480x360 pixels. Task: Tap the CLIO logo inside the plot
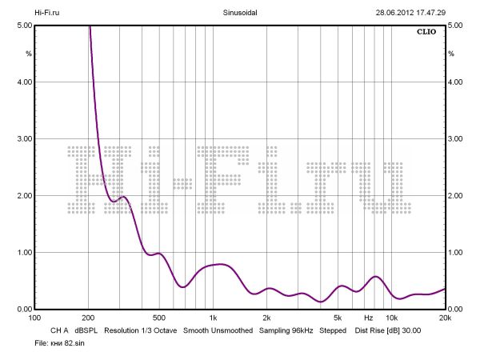pyautogui.click(x=426, y=33)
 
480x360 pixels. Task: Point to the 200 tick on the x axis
pyautogui.click(x=88, y=318)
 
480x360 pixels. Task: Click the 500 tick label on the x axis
pyautogui.click(x=159, y=318)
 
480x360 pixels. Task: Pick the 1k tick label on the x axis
pyautogui.click(x=213, y=318)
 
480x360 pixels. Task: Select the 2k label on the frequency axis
pyautogui.click(x=267, y=318)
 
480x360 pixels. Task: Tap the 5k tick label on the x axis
pyautogui.click(x=338, y=318)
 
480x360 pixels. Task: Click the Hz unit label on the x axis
pyautogui.click(x=369, y=318)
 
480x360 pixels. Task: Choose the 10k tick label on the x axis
pyautogui.click(x=392, y=318)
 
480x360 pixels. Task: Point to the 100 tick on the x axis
pyautogui.click(x=34, y=318)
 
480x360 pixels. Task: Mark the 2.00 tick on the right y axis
pyautogui.click(x=457, y=196)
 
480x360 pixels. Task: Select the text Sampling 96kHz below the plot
pyautogui.click(x=286, y=330)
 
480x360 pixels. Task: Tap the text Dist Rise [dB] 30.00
pyautogui.click(x=387, y=330)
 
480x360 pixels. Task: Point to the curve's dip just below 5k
pyautogui.click(x=321, y=302)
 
